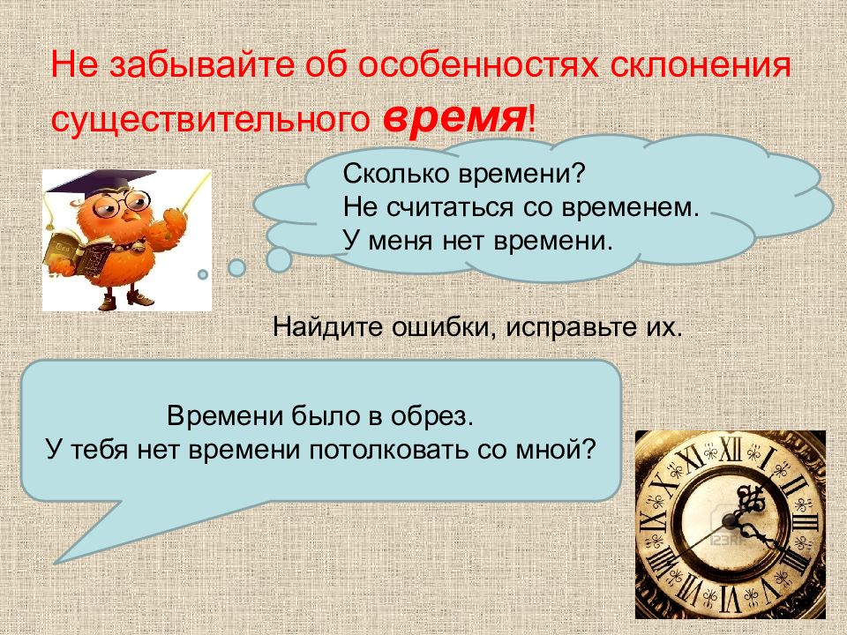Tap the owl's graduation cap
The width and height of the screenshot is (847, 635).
[88, 181]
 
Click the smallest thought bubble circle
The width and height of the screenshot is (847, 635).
[203, 274]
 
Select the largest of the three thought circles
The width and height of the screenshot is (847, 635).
[279, 258]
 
